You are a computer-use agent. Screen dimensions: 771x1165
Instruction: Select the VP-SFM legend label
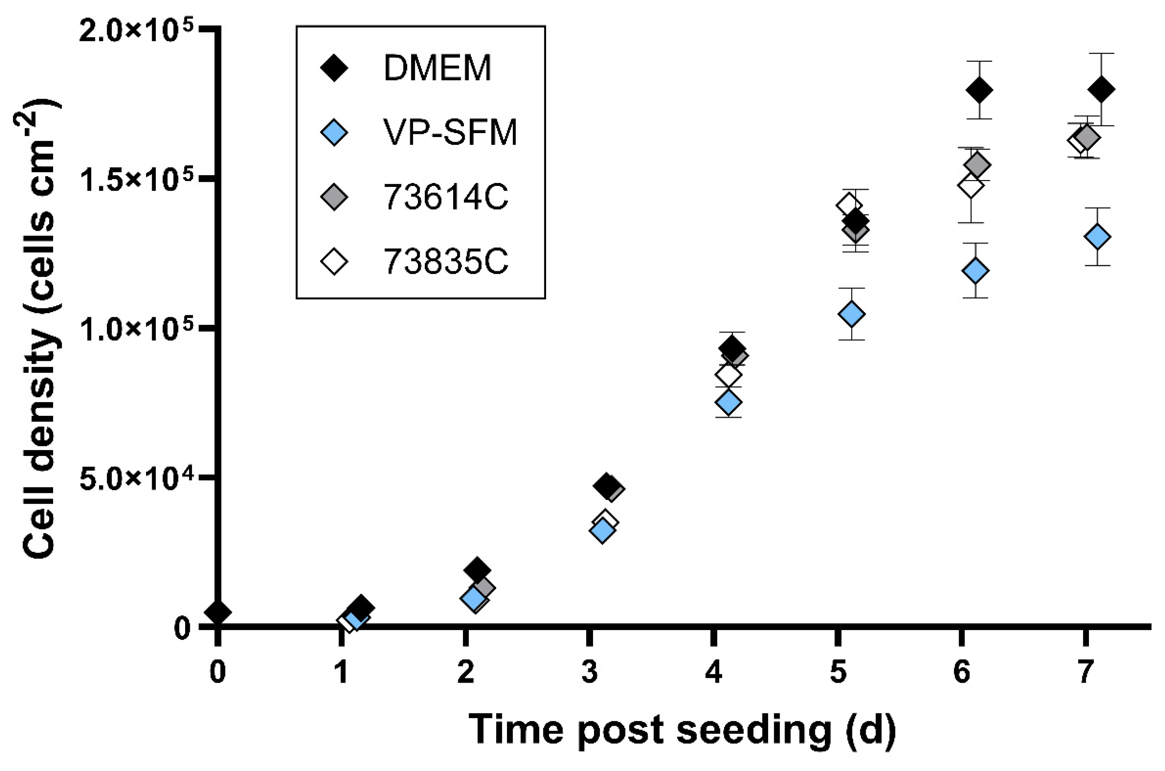click(450, 133)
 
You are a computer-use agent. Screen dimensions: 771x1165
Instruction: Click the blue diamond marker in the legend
click(334, 133)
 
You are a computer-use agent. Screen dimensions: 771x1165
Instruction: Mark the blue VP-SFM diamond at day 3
click(602, 531)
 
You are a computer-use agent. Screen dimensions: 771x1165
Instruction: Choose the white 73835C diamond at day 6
click(970, 186)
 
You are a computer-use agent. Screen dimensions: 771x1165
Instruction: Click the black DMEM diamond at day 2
click(477, 570)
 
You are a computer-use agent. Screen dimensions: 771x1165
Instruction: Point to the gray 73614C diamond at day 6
click(977, 165)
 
